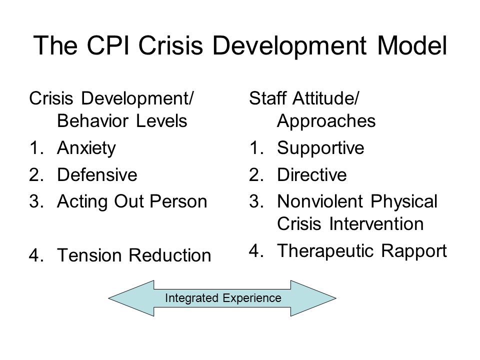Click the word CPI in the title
108,45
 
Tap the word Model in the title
412,45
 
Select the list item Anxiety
86,148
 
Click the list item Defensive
97,175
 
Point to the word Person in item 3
178,201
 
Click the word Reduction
170,255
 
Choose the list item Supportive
320,148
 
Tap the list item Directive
311,175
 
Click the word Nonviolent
320,201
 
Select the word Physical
404,202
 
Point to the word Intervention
376,224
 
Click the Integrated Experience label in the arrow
223,298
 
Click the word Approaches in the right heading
326,121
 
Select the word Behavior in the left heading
93,121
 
